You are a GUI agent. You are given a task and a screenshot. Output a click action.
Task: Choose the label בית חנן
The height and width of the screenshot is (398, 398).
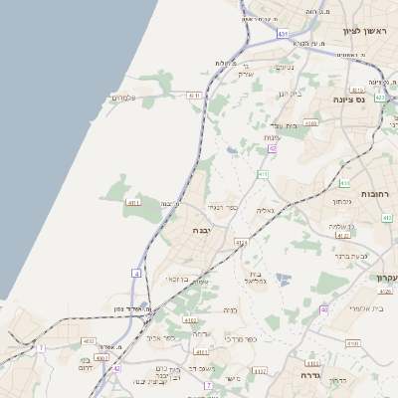click(290, 94)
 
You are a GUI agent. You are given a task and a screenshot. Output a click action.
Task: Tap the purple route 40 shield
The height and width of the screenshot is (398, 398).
click(324, 309)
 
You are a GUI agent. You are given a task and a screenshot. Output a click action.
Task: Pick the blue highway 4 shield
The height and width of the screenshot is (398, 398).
click(135, 271)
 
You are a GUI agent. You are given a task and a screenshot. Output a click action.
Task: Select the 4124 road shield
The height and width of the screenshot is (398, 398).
click(241, 242)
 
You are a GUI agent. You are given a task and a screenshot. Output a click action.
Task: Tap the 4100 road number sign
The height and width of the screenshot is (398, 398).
click(353, 343)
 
